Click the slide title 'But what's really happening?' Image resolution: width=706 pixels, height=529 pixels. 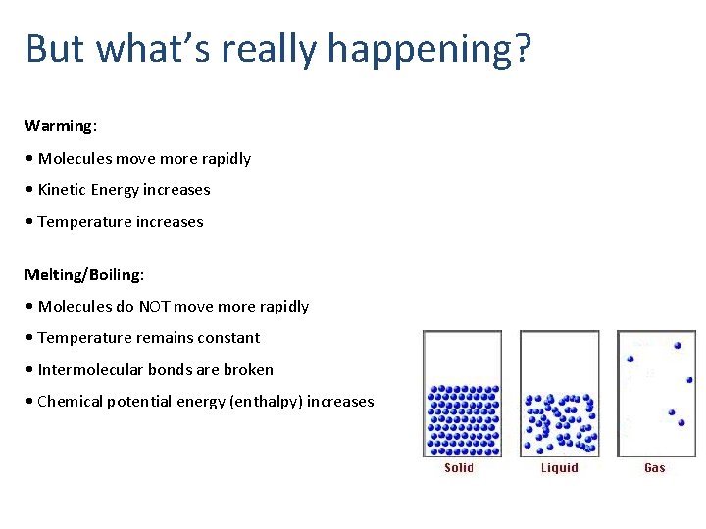(278, 48)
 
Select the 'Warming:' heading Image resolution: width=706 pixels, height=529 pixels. (61, 126)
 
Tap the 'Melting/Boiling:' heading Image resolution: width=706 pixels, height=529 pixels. (84, 274)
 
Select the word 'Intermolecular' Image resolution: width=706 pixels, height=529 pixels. (89, 370)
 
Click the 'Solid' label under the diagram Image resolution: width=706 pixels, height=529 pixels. (459, 468)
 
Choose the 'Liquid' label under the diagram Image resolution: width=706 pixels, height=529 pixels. (560, 468)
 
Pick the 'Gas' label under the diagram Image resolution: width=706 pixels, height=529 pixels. (654, 468)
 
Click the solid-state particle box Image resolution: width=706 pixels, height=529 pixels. (462, 394)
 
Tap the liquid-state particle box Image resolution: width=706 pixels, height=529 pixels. (559, 394)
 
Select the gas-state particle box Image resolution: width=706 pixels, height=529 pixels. (655, 394)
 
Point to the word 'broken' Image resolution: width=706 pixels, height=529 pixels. (249, 370)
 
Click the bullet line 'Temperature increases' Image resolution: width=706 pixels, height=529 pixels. (121, 222)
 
